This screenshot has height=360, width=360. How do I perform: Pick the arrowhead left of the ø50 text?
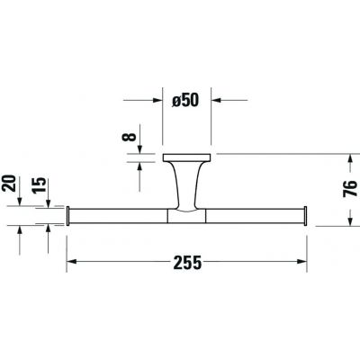[162, 102]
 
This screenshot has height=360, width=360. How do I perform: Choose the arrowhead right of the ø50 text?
[216, 102]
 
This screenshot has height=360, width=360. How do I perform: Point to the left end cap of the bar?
[69, 216]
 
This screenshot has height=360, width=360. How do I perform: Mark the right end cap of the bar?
[309, 216]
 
